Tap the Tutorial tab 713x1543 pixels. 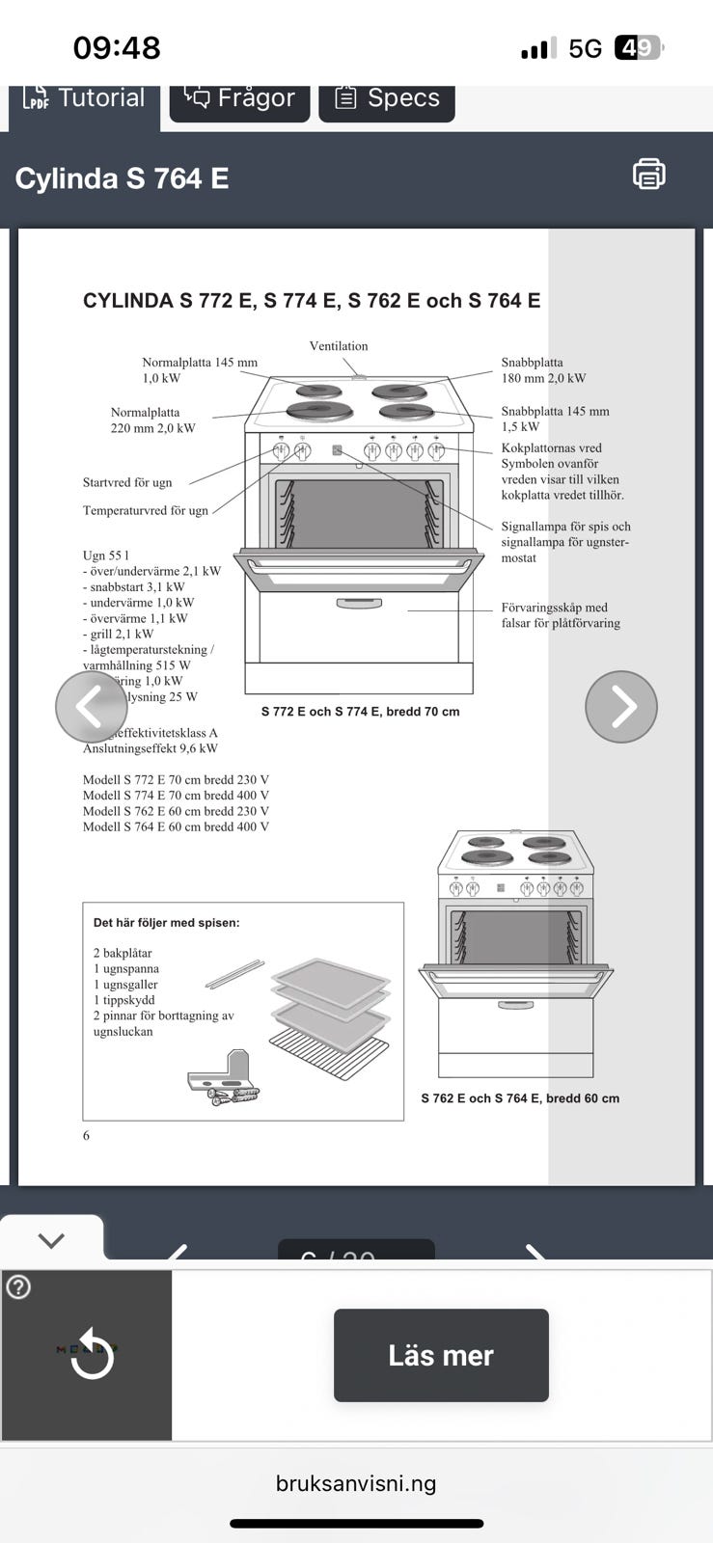85,98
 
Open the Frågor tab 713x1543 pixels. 239,98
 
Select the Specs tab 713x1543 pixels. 387,98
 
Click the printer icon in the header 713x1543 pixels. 648,175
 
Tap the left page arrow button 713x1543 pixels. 91,707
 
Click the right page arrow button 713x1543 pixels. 621,707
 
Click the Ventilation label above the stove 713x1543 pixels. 339,346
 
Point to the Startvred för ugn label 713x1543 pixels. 127,482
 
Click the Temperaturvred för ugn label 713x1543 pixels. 146,510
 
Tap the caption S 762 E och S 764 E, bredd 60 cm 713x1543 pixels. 520,1098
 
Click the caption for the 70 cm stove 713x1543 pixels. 360,712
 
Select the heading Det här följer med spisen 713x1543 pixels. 166,923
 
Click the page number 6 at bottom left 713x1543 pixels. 86,1136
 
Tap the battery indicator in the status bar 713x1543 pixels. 639,47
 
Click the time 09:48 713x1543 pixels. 117,47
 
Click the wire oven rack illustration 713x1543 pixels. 328,1050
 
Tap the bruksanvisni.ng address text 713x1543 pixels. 356,1483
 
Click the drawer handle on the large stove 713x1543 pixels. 359,604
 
